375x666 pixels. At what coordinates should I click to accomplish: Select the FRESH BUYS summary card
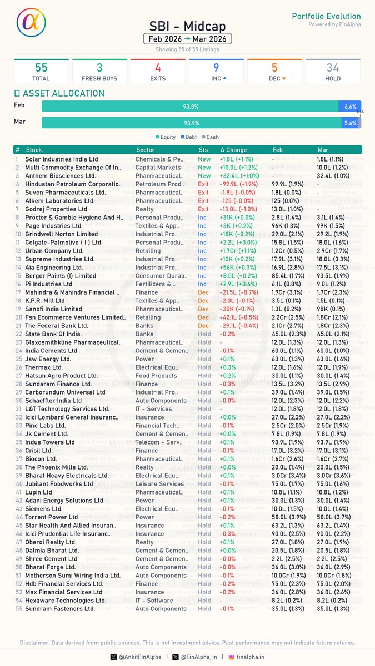tap(99, 72)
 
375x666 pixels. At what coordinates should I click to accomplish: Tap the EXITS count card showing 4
tap(158, 72)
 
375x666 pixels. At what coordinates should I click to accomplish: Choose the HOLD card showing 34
tap(333, 72)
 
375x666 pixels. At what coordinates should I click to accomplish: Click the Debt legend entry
tap(188, 137)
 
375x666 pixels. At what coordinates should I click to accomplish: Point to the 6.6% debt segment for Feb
tap(350, 106)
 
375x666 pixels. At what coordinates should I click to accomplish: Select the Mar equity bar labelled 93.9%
tap(191, 123)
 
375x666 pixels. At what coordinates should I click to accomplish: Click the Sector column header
tap(146, 150)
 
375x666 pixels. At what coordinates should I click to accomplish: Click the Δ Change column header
tap(233, 150)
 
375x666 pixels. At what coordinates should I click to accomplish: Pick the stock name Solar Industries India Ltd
tap(62, 159)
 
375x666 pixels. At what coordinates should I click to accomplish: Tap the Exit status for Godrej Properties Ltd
tap(203, 209)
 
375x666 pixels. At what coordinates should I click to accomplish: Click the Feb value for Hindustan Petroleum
tap(288, 184)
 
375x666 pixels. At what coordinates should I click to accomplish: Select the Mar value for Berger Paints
tap(333, 276)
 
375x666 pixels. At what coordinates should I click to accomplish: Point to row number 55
tap(18, 609)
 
